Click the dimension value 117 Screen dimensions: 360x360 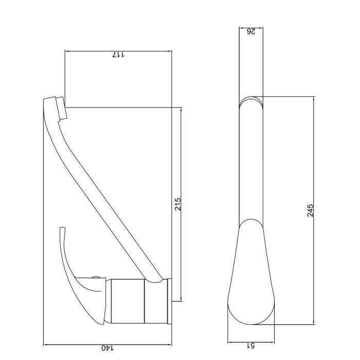[119, 55]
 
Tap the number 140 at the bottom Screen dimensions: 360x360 [106, 348]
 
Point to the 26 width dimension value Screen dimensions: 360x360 [251, 31]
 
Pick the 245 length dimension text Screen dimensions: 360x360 [310, 210]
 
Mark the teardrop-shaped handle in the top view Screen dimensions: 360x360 [251, 278]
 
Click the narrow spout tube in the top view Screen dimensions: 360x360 [251, 165]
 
